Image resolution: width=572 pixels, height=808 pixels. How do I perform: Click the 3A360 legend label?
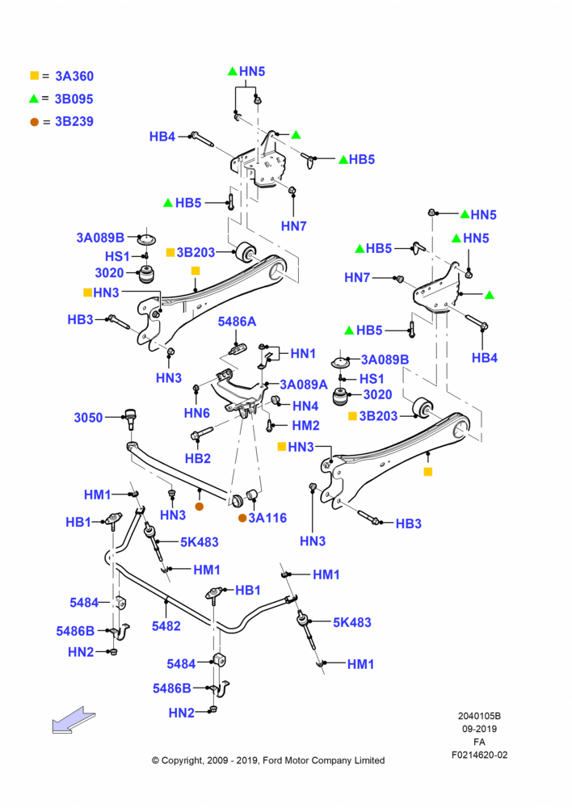coord(74,76)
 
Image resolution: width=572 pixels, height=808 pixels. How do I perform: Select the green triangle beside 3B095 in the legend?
coord(34,98)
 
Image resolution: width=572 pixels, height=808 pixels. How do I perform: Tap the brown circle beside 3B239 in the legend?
coord(34,122)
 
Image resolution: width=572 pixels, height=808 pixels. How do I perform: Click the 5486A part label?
coord(237,322)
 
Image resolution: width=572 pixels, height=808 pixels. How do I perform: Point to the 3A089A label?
coord(304,385)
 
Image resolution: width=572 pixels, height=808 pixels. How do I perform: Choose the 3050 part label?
coord(88,418)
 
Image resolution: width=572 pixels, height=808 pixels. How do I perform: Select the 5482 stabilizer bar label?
coord(166,626)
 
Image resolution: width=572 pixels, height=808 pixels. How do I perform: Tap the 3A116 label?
coord(267,518)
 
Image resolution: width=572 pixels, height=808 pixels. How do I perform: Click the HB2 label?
coord(198,458)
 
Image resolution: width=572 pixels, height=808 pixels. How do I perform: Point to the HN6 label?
coord(197,413)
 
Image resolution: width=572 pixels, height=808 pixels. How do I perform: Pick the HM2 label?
coord(305,425)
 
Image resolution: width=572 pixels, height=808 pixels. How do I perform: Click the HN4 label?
coord(305,406)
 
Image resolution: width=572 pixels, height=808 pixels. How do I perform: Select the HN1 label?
coord(303,354)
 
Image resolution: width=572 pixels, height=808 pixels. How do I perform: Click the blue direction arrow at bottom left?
coord(74,719)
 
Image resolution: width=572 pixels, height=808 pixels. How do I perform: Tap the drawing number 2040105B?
coord(479,716)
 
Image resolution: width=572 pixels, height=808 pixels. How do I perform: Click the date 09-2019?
coord(479,729)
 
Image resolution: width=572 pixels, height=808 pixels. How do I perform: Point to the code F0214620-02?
coord(479,755)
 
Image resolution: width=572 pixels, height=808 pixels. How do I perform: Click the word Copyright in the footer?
coord(183,760)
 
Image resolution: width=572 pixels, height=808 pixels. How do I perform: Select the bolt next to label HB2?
coord(202,433)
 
